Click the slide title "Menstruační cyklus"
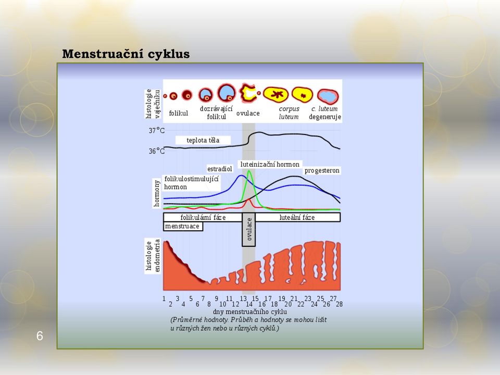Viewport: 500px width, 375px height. (126, 54)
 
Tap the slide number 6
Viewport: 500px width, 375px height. (40, 336)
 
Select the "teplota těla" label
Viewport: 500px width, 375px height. (203, 140)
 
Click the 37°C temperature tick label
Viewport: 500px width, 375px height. (157, 130)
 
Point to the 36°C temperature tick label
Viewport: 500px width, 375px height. (157, 151)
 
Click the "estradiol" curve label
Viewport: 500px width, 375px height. (220, 169)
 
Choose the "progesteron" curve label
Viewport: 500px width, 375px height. (322, 171)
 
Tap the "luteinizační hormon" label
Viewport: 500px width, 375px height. (270, 164)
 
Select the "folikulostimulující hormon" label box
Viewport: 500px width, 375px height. (191, 183)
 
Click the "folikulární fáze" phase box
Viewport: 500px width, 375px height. (203, 218)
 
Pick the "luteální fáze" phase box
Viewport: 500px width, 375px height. (297, 218)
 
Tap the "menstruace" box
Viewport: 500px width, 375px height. (183, 227)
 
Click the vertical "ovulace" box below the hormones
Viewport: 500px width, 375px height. (249, 230)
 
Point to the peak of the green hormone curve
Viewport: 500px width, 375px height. (249, 171)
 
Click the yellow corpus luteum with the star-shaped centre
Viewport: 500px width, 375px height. (276, 95)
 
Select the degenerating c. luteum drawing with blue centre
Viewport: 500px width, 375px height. (328, 96)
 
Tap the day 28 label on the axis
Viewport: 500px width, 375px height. (339, 304)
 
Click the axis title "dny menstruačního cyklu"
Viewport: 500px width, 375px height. (249, 311)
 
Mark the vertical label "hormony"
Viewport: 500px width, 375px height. (157, 193)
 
